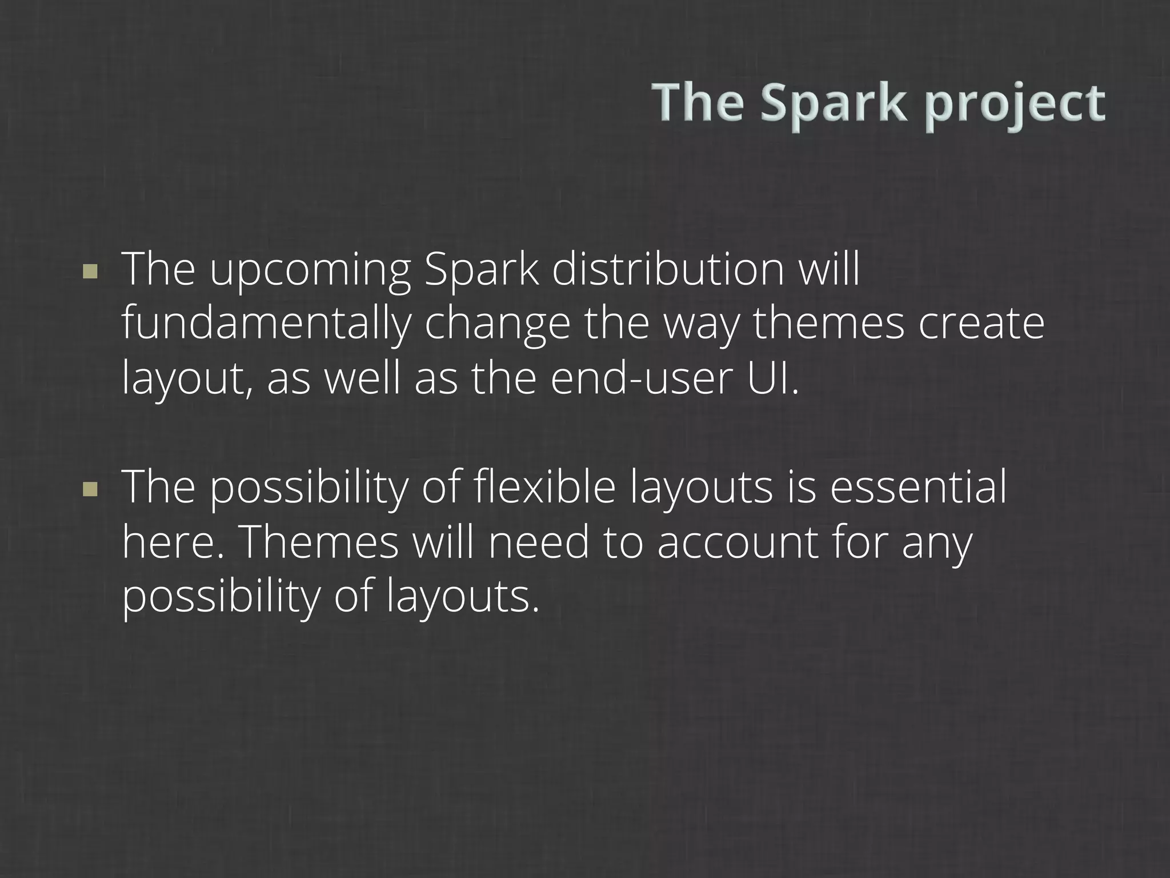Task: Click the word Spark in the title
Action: [x=834, y=103]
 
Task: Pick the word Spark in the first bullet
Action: [x=482, y=270]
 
